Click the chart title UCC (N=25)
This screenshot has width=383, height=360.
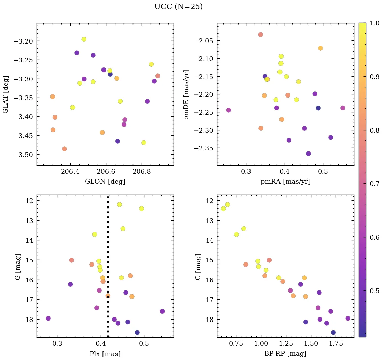(178, 7)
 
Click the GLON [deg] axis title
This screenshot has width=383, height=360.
(105, 182)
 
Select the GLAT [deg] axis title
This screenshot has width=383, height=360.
(6, 94)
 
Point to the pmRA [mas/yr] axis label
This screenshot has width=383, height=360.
(285, 182)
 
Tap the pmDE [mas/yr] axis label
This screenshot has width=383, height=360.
(186, 94)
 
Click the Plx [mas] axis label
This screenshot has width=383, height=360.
(105, 354)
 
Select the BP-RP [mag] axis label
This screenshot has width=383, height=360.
(285, 354)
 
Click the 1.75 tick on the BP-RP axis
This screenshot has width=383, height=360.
(336, 344)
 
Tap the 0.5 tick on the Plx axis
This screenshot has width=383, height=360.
(144, 344)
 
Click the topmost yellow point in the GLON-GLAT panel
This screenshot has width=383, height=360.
(84, 39)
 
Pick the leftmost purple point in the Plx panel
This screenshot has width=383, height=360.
(48, 318)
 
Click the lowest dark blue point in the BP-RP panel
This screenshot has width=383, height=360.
(333, 332)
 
